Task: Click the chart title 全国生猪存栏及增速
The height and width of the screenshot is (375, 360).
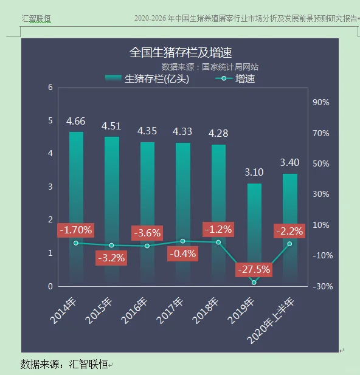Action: (x=181, y=52)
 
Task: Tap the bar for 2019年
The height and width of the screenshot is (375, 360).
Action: (x=254, y=231)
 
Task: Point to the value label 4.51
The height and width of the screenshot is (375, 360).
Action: (x=111, y=126)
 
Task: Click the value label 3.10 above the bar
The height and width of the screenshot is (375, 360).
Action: (x=254, y=173)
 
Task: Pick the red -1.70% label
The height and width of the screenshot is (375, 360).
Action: (x=75, y=230)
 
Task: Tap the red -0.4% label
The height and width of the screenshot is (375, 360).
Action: (x=183, y=253)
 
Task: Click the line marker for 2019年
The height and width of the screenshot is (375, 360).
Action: (x=254, y=282)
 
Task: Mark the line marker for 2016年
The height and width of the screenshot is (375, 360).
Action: (x=147, y=246)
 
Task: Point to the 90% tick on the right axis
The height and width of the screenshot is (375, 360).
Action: (x=320, y=103)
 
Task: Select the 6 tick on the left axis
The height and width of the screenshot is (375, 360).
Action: (x=50, y=88)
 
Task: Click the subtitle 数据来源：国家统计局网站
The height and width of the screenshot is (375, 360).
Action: (x=210, y=66)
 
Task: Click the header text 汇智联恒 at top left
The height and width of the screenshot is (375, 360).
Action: (x=36, y=19)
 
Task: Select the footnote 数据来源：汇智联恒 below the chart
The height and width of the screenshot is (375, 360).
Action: (x=64, y=364)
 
